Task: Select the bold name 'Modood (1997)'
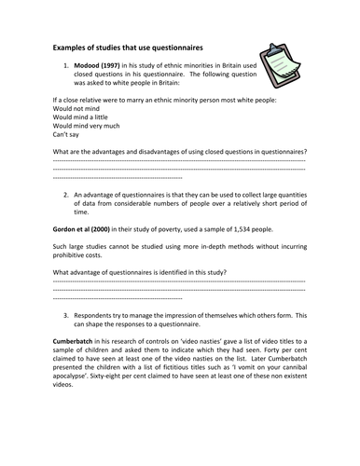(103, 68)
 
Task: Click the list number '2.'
(67, 193)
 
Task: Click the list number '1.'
(67, 68)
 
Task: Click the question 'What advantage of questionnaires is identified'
(139, 272)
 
